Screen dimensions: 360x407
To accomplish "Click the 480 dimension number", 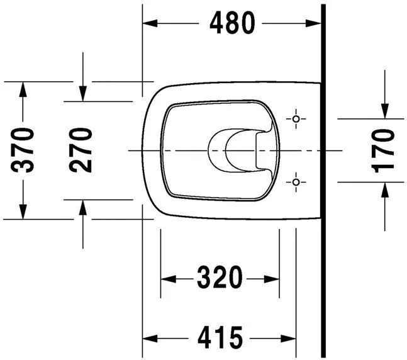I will [233, 23].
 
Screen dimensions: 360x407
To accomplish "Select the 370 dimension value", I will [24, 150].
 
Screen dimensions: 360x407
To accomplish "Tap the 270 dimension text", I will [82, 150].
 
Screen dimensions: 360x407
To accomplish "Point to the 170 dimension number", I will [383, 150].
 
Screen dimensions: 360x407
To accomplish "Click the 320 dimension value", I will [220, 277].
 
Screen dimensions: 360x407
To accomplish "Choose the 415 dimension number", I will [220, 338].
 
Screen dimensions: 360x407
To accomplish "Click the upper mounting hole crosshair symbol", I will [296, 118].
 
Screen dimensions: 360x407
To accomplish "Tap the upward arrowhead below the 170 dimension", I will [384, 190].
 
